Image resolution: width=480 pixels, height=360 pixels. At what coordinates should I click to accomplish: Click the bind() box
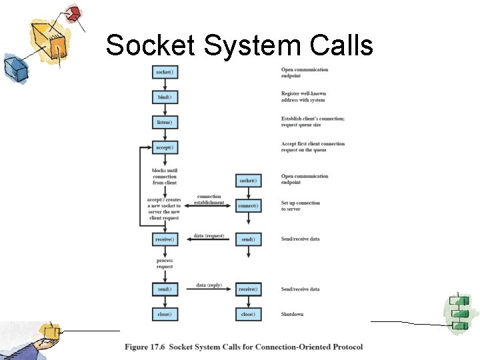(165, 97)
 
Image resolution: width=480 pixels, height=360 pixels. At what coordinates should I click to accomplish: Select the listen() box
(165, 123)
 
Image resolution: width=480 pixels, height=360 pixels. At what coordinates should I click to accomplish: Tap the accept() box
(165, 147)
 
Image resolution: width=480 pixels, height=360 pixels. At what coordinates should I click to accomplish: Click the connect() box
(247, 206)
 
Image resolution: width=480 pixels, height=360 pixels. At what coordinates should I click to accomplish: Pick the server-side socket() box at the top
(165, 72)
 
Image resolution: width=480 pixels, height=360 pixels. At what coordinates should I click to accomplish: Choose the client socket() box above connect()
(247, 181)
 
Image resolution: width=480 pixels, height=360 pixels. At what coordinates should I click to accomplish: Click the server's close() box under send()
(165, 314)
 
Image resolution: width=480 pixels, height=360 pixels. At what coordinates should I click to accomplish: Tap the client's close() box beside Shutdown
(247, 314)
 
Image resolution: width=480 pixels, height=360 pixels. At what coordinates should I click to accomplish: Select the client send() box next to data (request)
(247, 239)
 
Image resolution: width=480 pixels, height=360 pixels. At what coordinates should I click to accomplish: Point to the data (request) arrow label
(209, 236)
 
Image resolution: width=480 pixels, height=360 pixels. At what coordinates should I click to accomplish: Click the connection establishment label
(209, 199)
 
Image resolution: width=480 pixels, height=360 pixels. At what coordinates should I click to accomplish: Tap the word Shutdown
(292, 314)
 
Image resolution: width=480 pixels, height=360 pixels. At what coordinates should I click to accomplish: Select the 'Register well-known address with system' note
(303, 97)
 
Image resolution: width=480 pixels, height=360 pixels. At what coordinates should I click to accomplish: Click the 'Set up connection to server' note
(300, 206)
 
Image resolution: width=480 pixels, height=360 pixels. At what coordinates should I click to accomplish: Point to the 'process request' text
(165, 263)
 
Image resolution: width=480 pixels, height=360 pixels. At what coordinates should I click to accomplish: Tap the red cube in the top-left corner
(74, 13)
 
